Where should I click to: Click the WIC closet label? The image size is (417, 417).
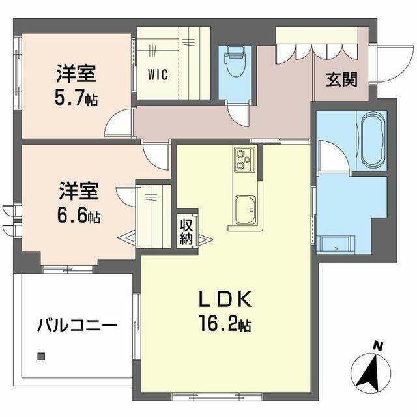pos(158,74)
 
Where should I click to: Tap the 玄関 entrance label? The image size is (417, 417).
pos(341,79)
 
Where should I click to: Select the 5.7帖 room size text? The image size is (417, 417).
pos(76,98)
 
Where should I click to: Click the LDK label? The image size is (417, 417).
pos(225,299)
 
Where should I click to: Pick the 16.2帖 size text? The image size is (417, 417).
pos(225,324)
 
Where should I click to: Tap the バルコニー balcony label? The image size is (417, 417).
pos(77,325)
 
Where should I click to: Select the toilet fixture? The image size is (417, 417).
pos(235,61)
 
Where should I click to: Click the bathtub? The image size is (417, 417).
pos(371,139)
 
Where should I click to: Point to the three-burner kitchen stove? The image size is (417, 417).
pos(244,159)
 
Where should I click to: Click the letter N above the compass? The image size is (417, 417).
pos(377,346)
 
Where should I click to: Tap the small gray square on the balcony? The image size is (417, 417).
pos(41,356)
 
